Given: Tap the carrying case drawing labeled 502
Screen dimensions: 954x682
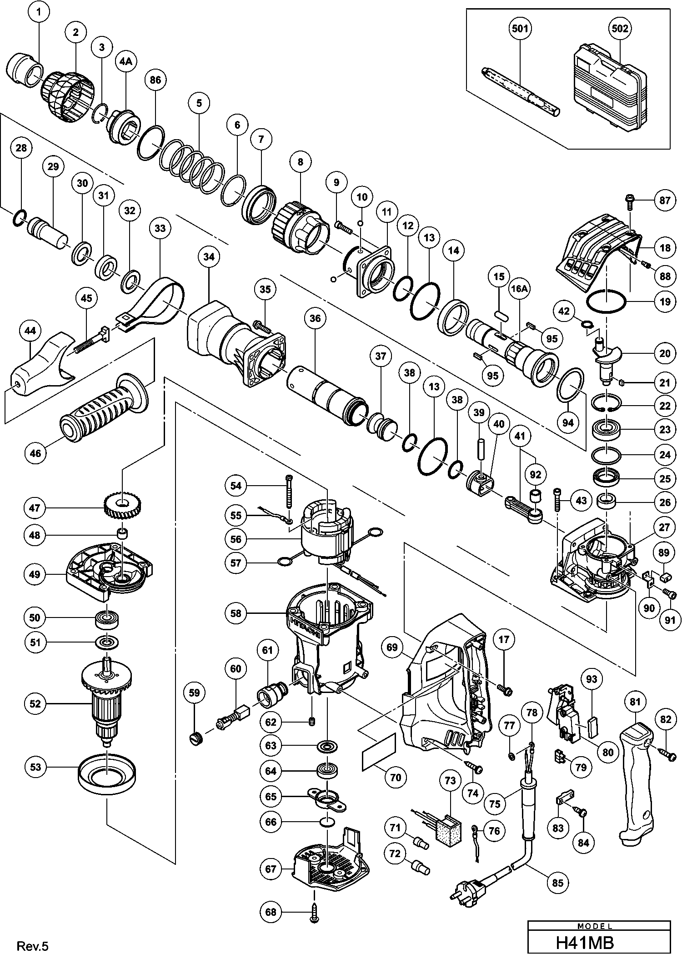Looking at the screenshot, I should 609,91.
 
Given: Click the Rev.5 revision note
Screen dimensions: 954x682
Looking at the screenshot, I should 32,944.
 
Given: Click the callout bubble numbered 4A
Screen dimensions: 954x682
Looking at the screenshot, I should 125,62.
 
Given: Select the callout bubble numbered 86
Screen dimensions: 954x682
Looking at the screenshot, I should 155,80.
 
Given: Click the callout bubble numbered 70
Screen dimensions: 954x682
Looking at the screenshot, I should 396,778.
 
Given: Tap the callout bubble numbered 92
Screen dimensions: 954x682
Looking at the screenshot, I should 536,475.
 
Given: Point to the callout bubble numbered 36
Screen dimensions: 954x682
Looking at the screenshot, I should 315,318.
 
